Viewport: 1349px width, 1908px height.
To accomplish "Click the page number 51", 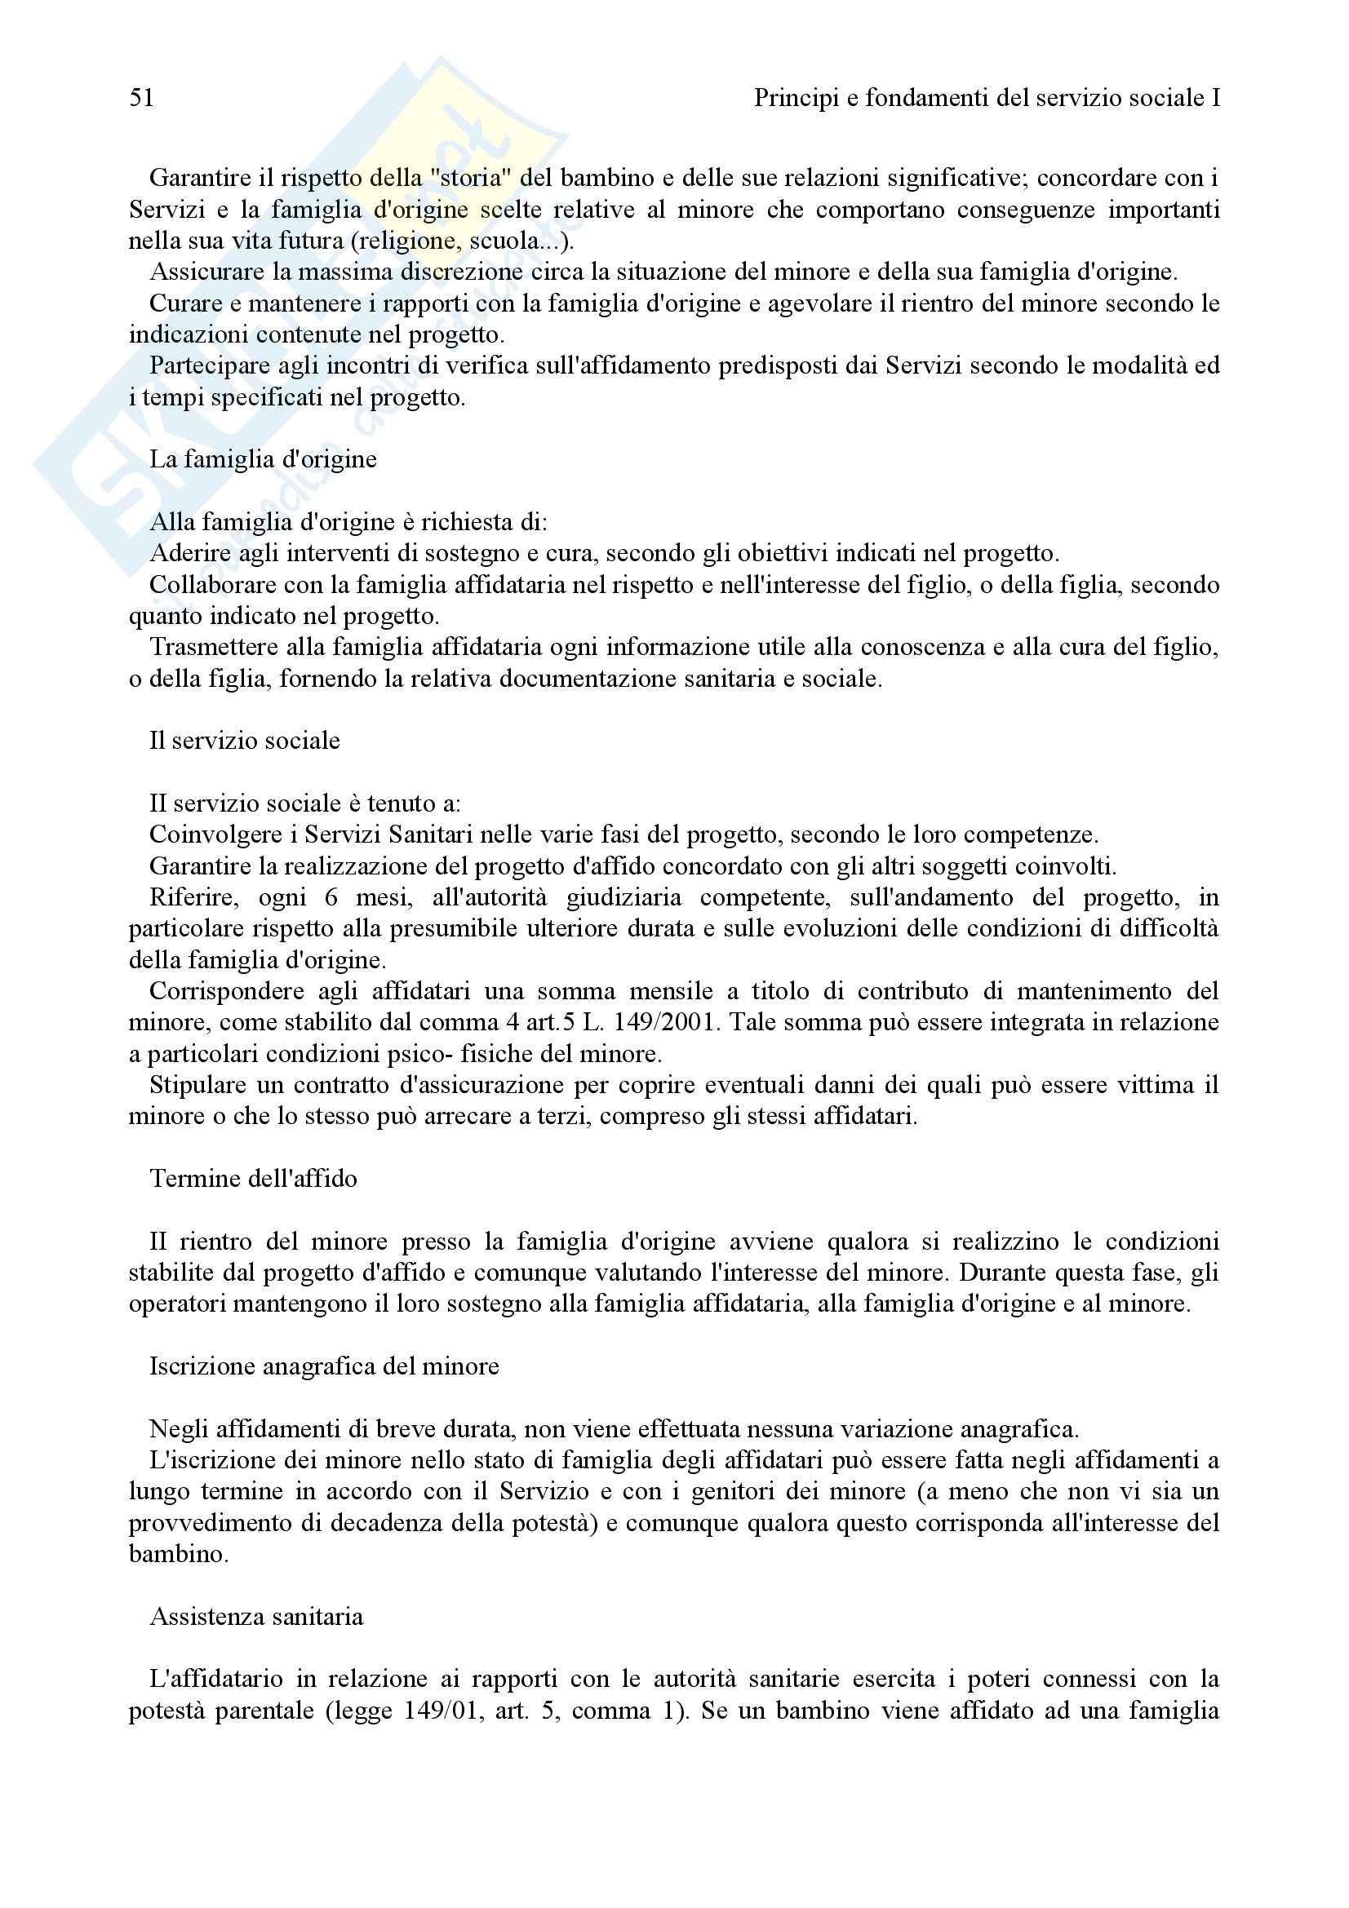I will (x=142, y=99).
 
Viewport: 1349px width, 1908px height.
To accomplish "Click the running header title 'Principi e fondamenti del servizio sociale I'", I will (x=987, y=99).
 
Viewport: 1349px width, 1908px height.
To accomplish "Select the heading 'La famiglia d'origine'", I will (x=263, y=459).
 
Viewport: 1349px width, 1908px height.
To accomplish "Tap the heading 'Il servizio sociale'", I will (x=244, y=741).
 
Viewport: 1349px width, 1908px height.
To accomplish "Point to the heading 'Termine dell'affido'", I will (x=254, y=1179).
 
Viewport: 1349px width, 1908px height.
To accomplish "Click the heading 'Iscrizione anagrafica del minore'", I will (x=324, y=1366).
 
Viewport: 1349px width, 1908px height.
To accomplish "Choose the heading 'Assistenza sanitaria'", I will (x=256, y=1616).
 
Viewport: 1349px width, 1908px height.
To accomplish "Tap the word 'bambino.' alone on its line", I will (x=178, y=1554).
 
